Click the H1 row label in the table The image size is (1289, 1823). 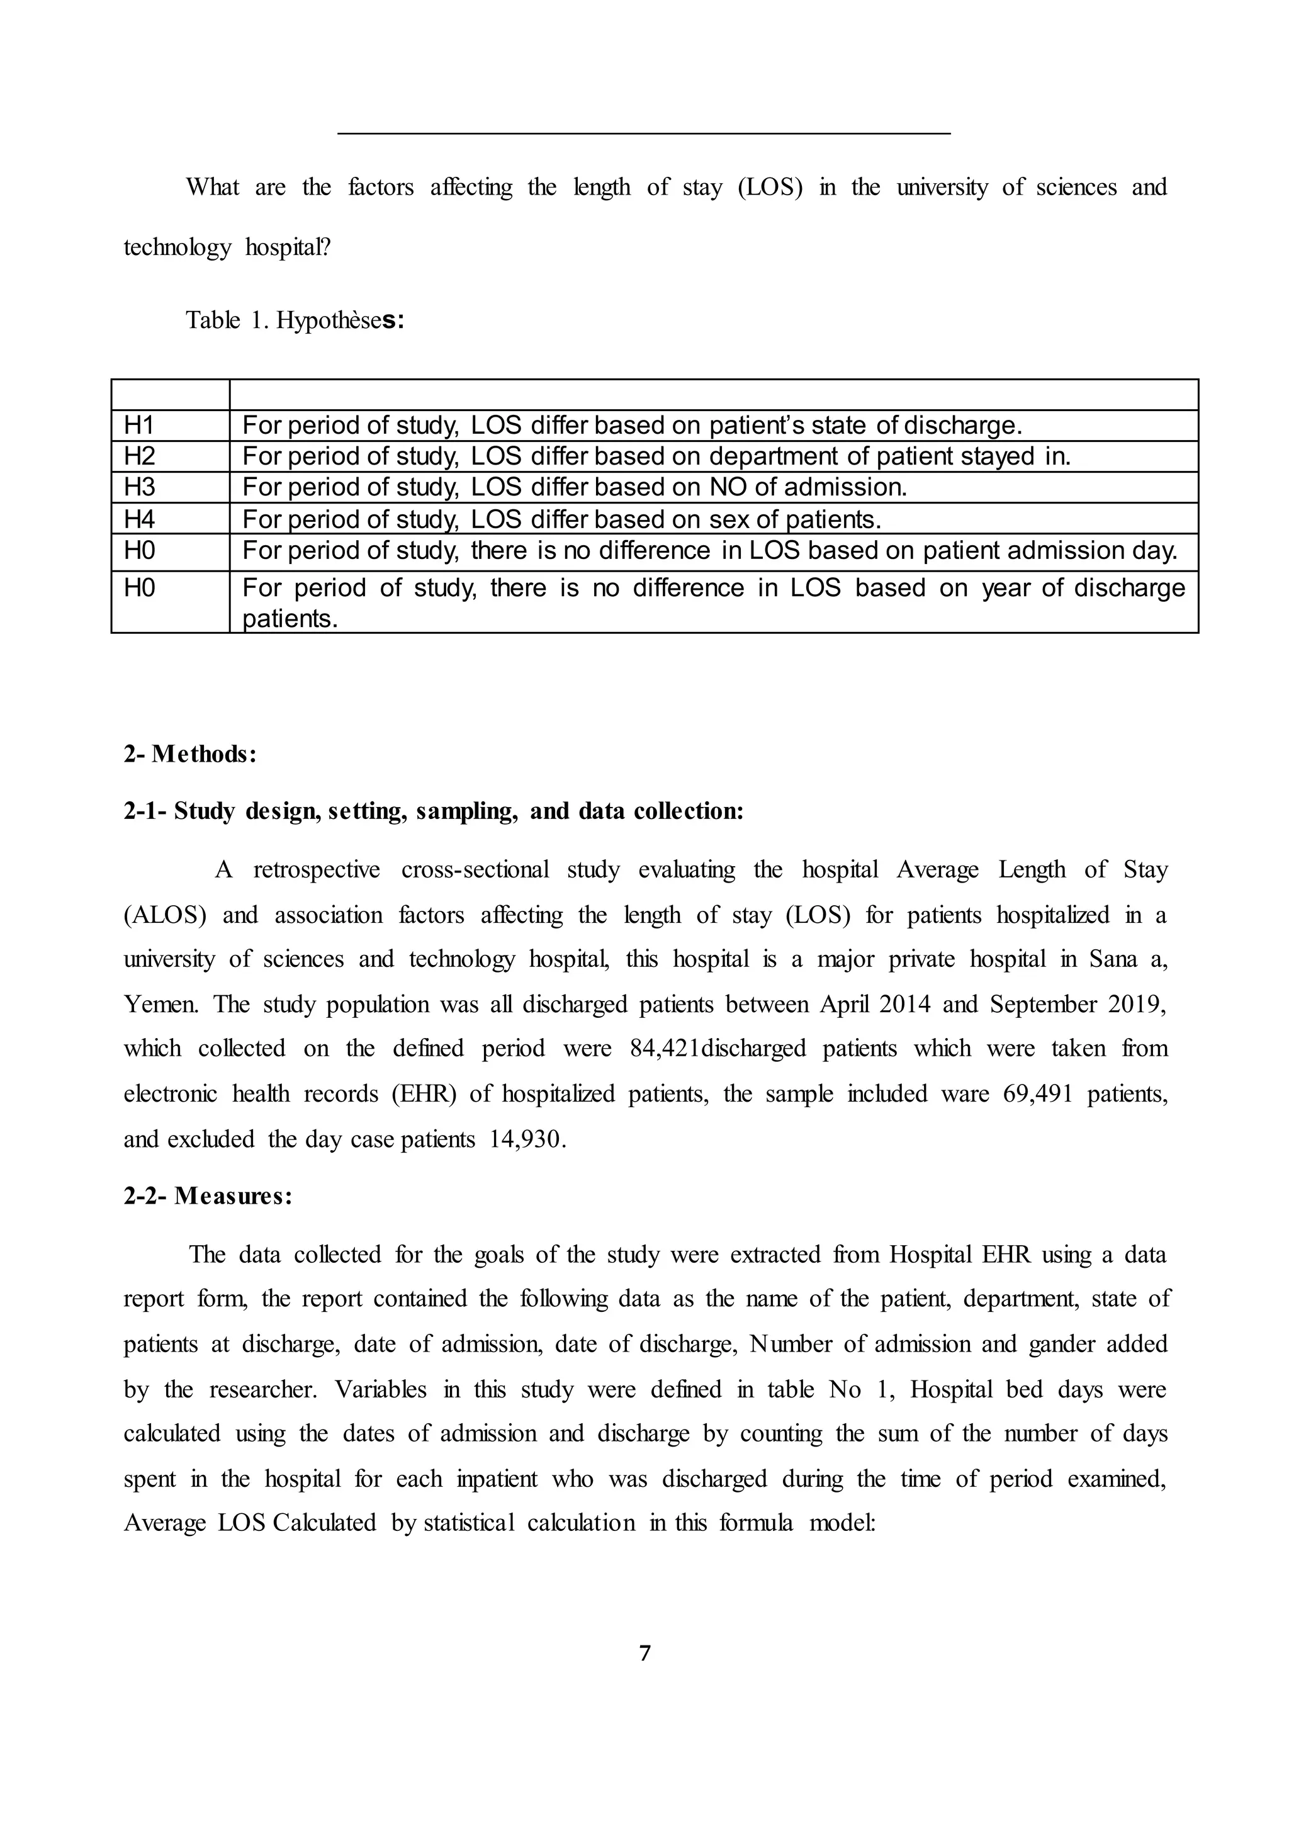[x=139, y=426]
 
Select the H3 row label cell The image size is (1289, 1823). [x=139, y=487]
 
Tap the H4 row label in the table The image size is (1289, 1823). [x=139, y=519]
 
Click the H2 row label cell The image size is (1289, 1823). [x=139, y=456]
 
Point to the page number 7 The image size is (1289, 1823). [x=644, y=1654]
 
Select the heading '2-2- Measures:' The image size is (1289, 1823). [x=208, y=1196]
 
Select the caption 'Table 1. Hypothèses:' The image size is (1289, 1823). [x=295, y=320]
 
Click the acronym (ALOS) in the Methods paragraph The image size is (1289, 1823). [x=165, y=915]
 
